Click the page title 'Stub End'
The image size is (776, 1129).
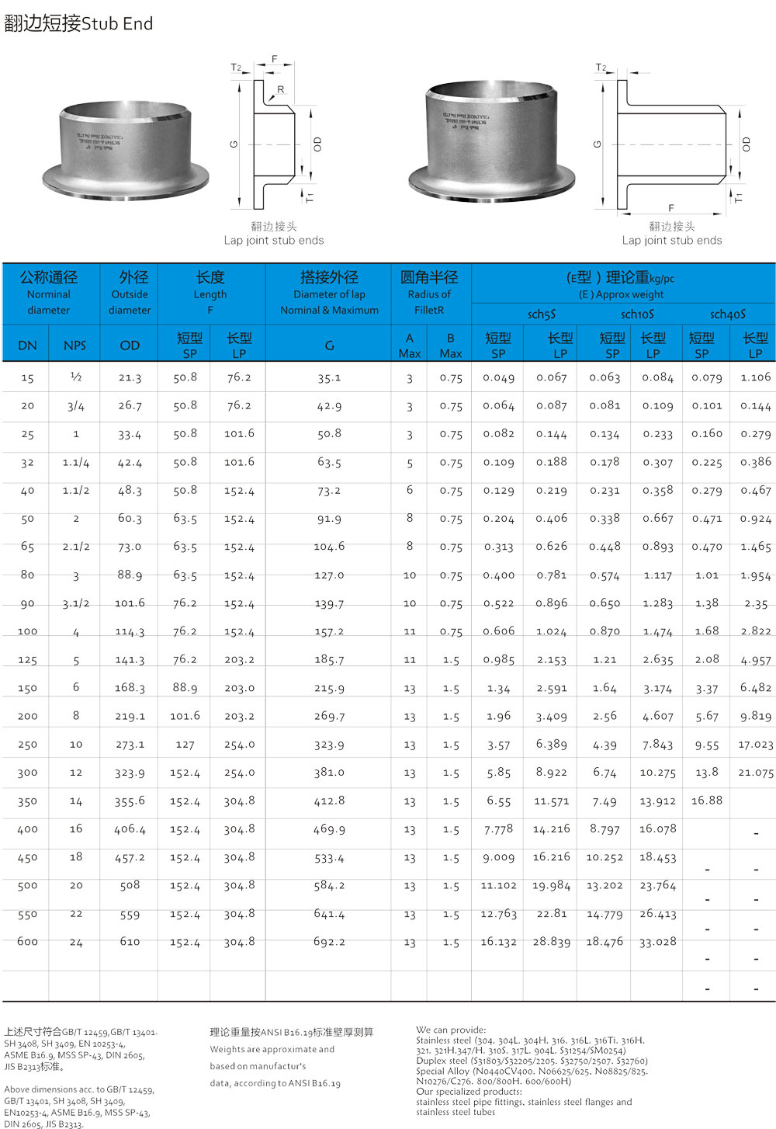pos(117,24)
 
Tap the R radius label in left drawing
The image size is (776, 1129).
pos(280,89)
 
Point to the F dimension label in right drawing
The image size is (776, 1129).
pos(671,208)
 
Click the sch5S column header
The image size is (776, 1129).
pos(542,314)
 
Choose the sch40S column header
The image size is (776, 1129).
pos(727,314)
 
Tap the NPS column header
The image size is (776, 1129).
pos(74,346)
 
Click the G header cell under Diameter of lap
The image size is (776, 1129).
pos(329,346)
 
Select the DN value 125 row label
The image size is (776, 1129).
pos(27,660)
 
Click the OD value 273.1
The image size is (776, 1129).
pos(130,745)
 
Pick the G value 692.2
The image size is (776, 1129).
pos(329,942)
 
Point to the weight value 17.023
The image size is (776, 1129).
pos(755,745)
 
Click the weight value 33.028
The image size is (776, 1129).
pos(657,942)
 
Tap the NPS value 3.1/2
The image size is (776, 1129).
pos(76,603)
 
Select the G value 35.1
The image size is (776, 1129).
pos(329,378)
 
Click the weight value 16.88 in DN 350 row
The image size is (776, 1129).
pos(706,801)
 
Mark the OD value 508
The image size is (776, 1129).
pos(130,885)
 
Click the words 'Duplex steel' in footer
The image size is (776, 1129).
pos(442,1061)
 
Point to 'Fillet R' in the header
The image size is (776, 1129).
pos(429,310)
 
